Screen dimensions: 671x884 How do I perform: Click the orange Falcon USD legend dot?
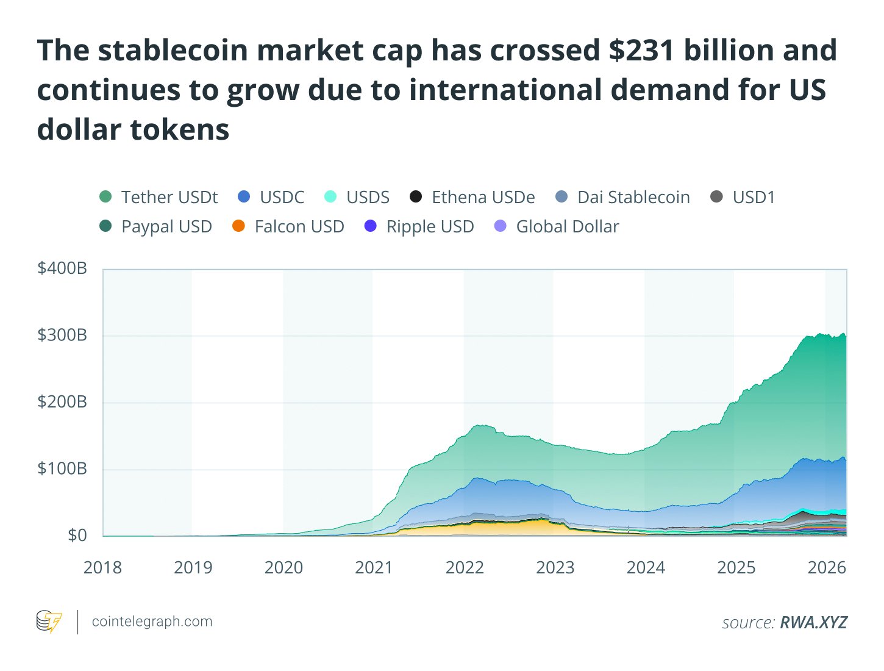(239, 226)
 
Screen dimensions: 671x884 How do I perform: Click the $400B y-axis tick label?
(62, 268)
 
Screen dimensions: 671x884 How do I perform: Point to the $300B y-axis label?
(62, 335)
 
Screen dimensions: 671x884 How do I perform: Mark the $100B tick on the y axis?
(62, 468)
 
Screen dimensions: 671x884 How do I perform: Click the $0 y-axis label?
(77, 535)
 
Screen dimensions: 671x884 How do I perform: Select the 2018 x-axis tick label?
(102, 567)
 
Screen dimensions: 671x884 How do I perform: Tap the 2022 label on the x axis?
(465, 567)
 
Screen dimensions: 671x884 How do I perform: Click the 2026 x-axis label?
(827, 567)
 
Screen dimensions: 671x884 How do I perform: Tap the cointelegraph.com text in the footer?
(152, 622)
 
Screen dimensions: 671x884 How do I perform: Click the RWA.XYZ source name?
(813, 622)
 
